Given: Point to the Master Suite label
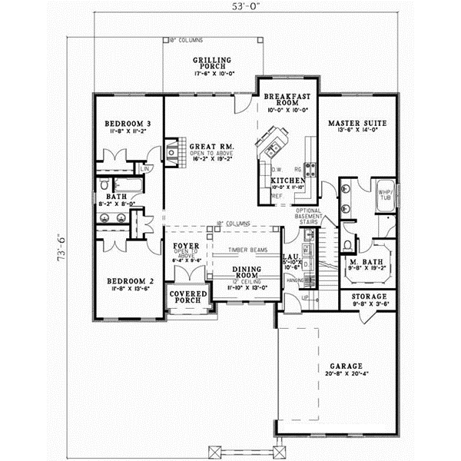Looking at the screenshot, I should point(357,123).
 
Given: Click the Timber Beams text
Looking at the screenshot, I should point(247,250).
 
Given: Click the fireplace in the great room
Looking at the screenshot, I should point(172,151).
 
